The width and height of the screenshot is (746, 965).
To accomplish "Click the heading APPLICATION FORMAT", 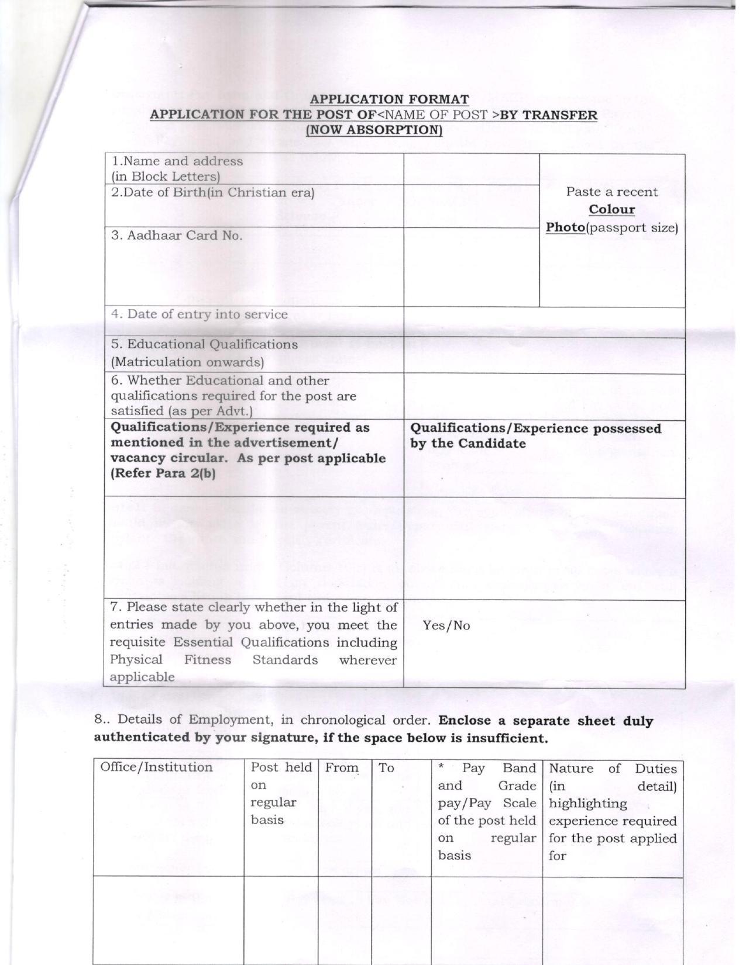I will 389,100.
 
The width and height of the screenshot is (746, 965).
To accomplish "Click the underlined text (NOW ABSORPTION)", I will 374,130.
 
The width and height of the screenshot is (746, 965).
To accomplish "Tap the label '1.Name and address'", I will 177,161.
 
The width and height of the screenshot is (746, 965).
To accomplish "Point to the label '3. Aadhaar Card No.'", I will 177,236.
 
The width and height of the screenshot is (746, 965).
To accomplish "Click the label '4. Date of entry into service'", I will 200,314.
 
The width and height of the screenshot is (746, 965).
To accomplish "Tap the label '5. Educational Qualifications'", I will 204,344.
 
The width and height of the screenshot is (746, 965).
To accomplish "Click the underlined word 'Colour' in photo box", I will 611,210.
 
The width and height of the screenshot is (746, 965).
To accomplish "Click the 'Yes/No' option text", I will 446,626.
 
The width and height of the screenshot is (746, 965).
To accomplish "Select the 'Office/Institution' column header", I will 156,767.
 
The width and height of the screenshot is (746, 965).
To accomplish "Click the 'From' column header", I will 342,768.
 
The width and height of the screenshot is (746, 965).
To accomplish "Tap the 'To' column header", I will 386,768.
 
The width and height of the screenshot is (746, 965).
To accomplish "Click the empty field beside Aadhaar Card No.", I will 471,267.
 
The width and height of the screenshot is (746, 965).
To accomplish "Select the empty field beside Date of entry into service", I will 544,321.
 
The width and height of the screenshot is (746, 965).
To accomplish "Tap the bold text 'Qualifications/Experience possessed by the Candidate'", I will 535,436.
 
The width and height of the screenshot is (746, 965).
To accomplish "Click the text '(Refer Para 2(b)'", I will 163,474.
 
